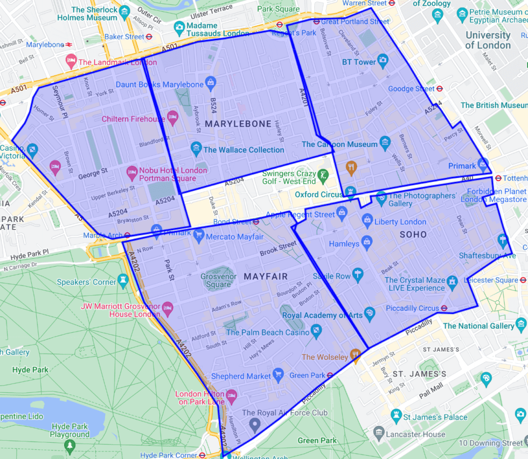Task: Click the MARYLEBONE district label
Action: tap(238, 124)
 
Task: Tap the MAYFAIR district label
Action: tap(266, 276)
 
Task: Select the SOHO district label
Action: tap(413, 234)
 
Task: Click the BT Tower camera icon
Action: tap(383, 60)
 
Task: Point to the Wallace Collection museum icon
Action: tap(196, 149)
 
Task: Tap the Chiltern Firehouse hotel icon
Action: tap(172, 117)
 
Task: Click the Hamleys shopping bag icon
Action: tap(366, 242)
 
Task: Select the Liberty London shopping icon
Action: tap(367, 220)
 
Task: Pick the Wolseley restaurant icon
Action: tap(355, 354)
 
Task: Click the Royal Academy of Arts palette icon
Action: tap(370, 313)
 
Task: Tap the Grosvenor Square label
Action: tap(218, 281)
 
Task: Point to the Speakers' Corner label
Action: tap(87, 282)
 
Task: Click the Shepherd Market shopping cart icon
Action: tap(278, 374)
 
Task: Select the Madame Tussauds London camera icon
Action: tap(179, 27)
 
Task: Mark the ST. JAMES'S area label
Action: tap(419, 374)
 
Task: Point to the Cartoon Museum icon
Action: tap(385, 142)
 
